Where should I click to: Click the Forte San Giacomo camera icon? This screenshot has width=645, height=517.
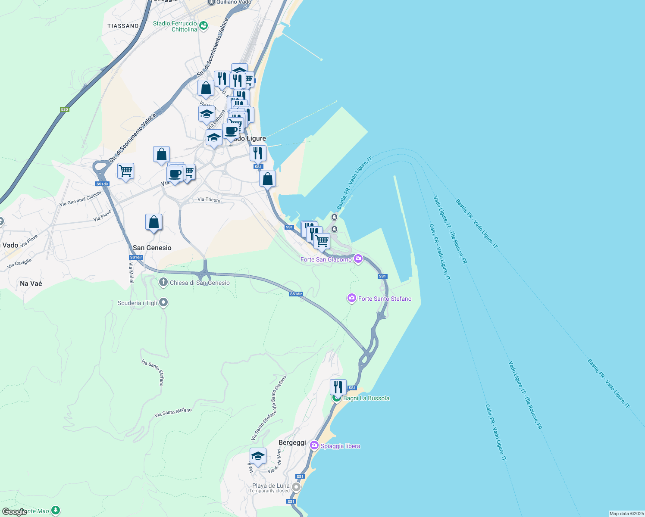tap(358, 259)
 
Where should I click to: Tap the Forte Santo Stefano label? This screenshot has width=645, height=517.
tap(385, 299)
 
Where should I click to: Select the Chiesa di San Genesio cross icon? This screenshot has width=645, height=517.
tap(163, 283)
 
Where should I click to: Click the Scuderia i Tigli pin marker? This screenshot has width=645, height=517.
tap(163, 302)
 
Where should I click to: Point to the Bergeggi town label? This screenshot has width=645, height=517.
tap(292, 442)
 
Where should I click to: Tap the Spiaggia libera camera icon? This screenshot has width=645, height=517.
tap(314, 445)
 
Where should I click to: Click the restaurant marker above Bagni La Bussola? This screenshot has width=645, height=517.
tap(338, 387)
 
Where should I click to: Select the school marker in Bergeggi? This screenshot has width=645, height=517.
tap(258, 456)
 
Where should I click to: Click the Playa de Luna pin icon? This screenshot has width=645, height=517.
tap(296, 487)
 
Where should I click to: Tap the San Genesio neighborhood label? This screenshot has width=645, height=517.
tap(152, 248)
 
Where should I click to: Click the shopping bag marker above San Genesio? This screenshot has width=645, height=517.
tap(154, 222)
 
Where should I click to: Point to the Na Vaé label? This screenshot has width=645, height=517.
tap(31, 283)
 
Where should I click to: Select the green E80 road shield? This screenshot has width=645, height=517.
tap(64, 109)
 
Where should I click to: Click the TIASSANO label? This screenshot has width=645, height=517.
tap(123, 26)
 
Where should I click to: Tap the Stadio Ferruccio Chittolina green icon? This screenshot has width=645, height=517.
tap(204, 26)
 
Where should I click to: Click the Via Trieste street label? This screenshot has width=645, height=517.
tap(209, 199)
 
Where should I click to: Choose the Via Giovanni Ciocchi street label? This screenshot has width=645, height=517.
tap(80, 198)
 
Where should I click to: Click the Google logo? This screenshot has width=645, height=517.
tap(14, 512)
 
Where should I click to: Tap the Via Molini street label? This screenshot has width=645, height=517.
tap(131, 272)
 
